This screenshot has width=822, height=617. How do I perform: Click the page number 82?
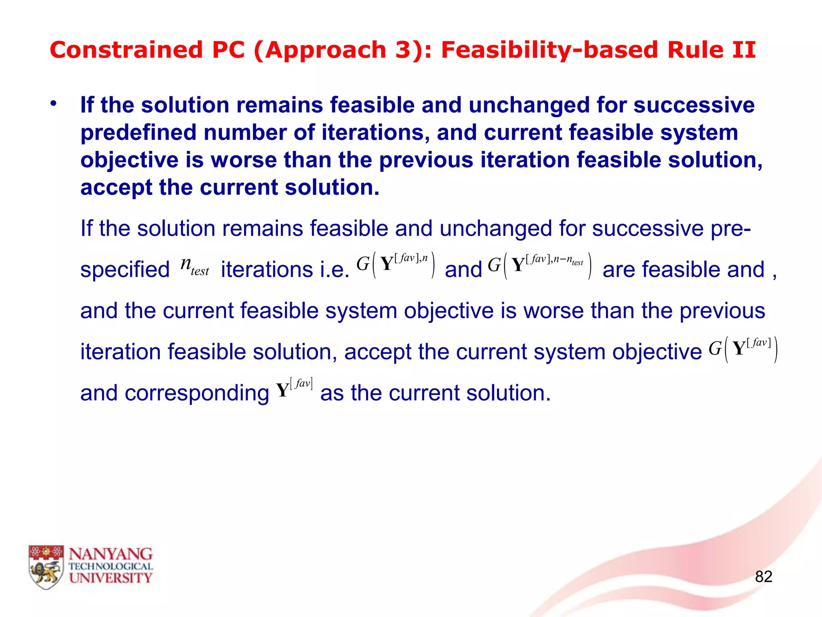(763, 576)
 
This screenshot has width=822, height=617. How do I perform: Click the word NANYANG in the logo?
(110, 554)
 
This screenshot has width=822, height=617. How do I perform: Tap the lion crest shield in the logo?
(46, 567)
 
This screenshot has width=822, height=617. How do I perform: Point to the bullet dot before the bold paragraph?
(53, 104)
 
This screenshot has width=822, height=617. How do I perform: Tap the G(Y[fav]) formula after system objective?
(743, 349)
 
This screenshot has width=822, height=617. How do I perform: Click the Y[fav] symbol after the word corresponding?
(294, 388)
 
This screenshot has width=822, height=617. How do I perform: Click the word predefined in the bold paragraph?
(138, 133)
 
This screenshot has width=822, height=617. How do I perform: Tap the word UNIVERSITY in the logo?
(110, 578)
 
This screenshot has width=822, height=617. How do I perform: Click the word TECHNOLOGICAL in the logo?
(110, 566)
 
